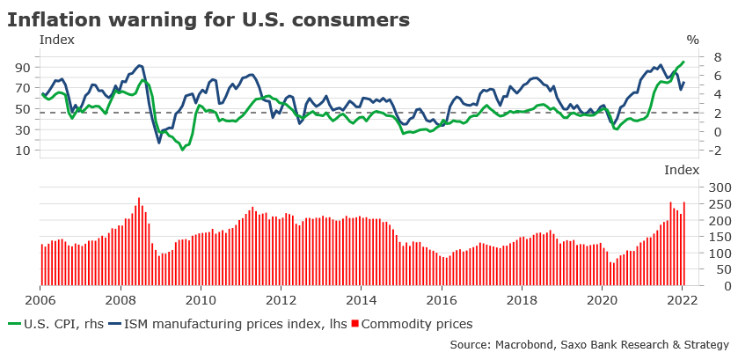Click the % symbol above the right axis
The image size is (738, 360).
pos(692,40)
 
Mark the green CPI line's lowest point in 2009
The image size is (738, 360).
pos(183,149)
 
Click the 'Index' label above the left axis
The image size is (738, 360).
pos(57,40)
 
